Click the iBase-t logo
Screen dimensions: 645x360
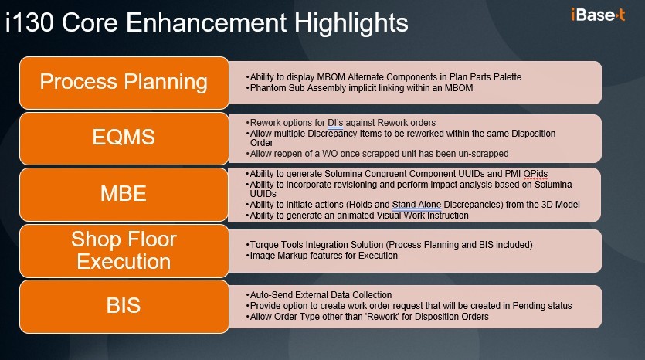(598, 15)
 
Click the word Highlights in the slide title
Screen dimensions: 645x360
(351, 23)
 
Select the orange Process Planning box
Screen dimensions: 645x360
(124, 83)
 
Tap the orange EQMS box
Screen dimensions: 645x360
(124, 138)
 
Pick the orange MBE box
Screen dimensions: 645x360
(124, 195)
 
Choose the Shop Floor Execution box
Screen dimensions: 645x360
(124, 250)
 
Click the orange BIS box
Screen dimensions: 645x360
(124, 307)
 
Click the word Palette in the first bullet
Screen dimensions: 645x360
(508, 77)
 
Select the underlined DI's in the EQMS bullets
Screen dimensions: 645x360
(334, 123)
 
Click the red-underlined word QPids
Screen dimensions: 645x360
(535, 174)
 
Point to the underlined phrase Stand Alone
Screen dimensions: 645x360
(416, 205)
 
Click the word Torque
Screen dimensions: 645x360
(263, 245)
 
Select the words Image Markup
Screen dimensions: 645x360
(276, 256)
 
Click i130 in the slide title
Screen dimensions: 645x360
(30, 23)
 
